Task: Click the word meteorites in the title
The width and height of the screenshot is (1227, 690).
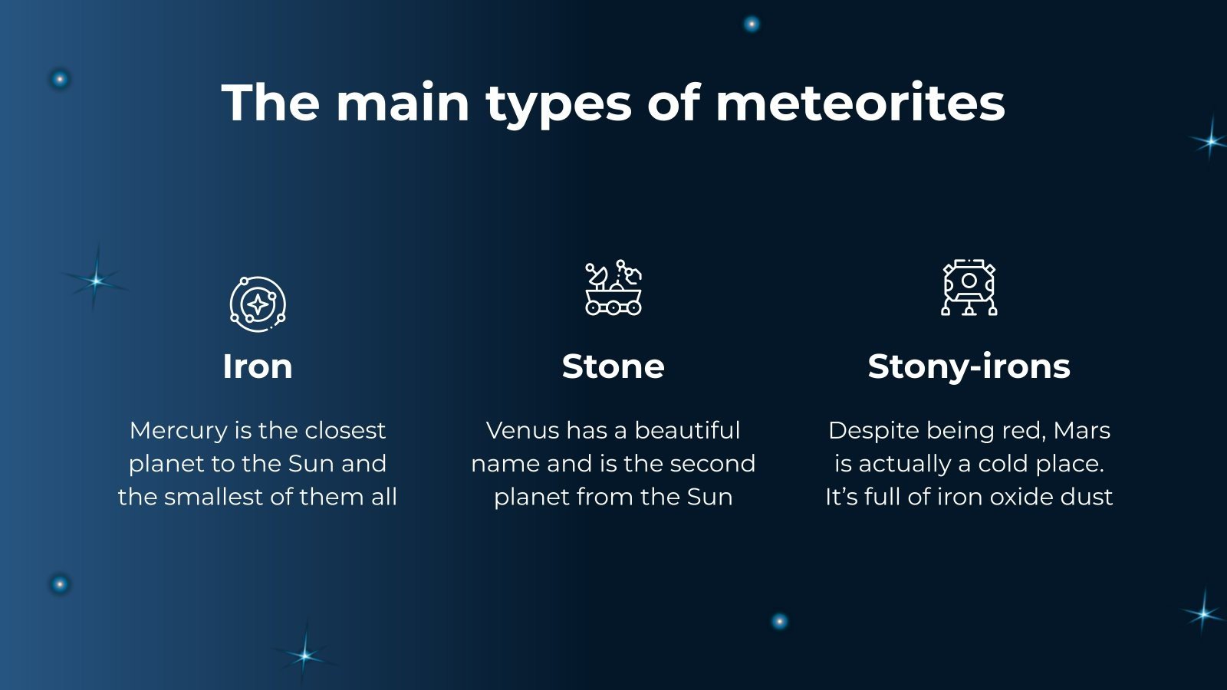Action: pos(860,103)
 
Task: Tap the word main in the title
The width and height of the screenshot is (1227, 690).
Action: pos(403,103)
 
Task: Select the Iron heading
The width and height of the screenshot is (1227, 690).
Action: pos(258,366)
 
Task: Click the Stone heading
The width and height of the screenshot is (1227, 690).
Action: pos(613,366)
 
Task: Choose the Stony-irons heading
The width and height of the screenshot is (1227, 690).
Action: pos(969,366)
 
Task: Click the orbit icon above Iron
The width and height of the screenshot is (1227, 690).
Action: pos(258,304)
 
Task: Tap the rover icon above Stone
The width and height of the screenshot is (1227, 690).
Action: pos(613,287)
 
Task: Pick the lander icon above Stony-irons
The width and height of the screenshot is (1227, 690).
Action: pos(969,287)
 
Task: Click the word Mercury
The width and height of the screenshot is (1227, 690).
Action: pos(179,431)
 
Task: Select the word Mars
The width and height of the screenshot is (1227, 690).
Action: pos(1081,431)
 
